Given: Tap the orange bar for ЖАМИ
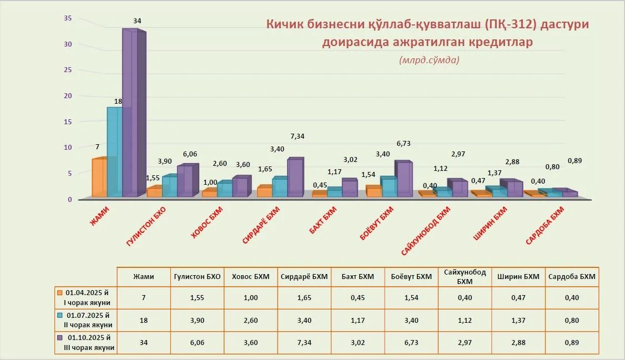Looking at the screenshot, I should click(x=99, y=178).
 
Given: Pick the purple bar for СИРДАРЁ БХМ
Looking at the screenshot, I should click(x=295, y=177).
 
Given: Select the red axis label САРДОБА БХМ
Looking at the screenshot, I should click(x=545, y=226).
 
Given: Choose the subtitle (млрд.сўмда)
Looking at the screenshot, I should click(x=429, y=60).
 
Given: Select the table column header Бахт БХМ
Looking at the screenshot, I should click(x=357, y=277).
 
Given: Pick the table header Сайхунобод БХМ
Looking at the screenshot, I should click(x=465, y=277).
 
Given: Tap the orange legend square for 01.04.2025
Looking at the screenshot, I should click(x=60, y=291).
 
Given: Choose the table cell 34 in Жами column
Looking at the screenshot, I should click(x=144, y=343).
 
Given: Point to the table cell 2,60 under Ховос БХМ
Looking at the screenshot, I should click(x=250, y=320).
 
